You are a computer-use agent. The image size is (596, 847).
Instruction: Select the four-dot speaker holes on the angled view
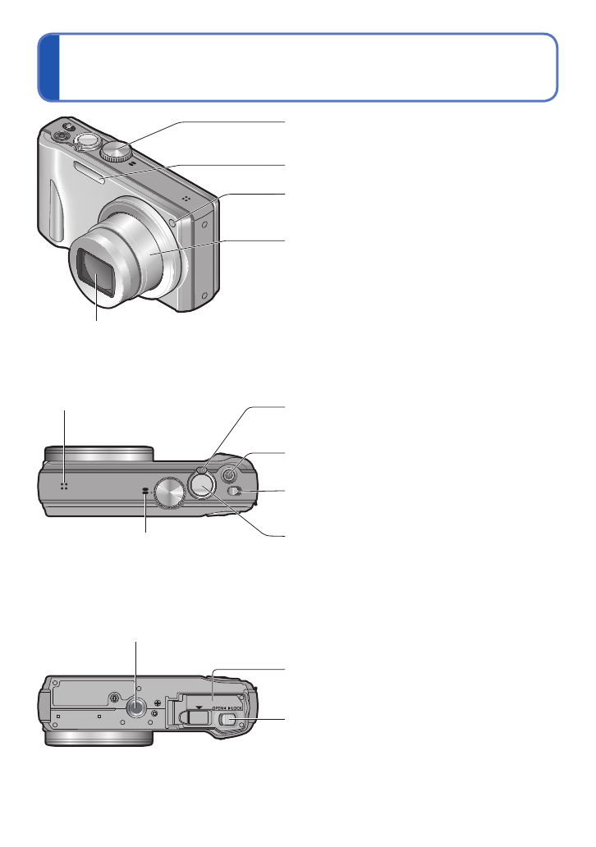point(186,200)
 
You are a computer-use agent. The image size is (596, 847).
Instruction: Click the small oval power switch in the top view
point(237,491)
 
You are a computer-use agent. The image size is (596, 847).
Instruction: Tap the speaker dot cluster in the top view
point(62,486)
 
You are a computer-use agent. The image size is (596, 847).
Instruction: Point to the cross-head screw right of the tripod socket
point(157,702)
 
